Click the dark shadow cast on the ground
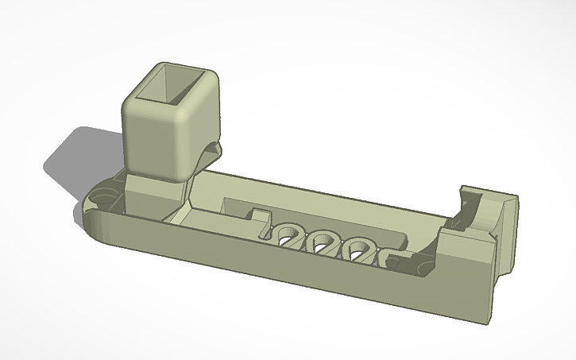pos(72,159)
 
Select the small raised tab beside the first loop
pos(258,214)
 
